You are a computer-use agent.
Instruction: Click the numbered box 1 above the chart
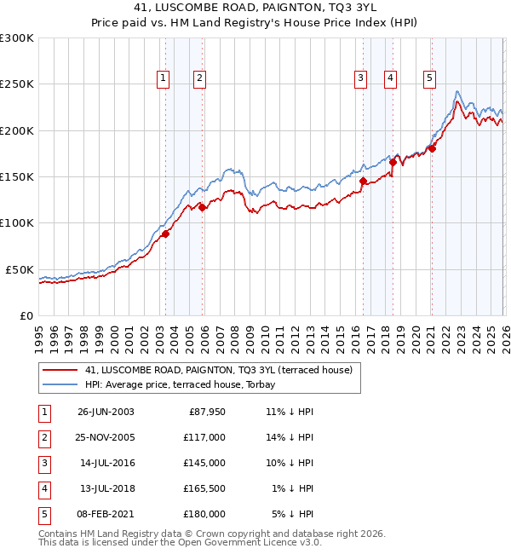pos(163,78)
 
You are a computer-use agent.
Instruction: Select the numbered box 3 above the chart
pos(360,78)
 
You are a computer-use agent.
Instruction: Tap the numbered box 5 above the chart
pos(428,78)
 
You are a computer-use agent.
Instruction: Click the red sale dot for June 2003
pos(165,234)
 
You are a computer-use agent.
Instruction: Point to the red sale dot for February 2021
pos(432,149)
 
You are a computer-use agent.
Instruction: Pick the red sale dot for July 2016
pos(363,181)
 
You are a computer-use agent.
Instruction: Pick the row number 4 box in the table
pos(42,488)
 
